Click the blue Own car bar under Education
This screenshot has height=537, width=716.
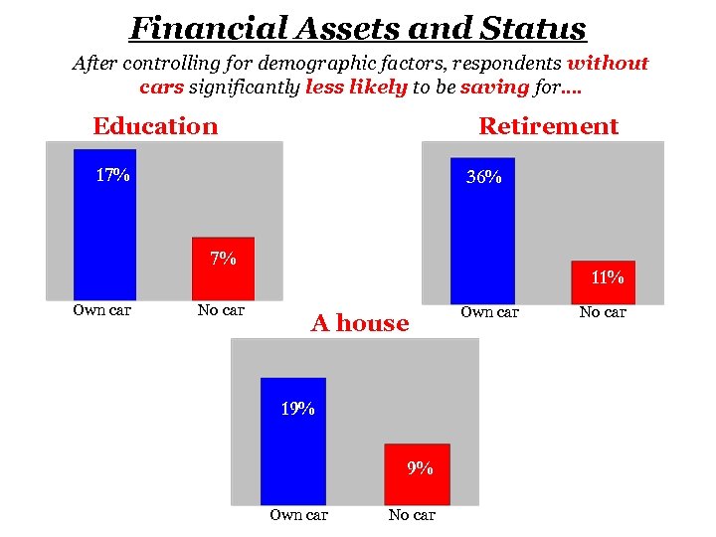tap(104, 224)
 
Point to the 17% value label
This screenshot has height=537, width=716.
tap(112, 176)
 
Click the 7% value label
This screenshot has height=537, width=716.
tap(223, 260)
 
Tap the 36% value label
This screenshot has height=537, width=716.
tap(484, 178)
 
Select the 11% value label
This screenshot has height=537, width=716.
tap(608, 277)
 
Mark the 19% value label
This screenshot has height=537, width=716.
tap(297, 408)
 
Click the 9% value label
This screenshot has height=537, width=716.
tap(420, 468)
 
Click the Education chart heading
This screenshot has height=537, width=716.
tap(155, 126)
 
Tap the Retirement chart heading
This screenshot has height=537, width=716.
tap(548, 126)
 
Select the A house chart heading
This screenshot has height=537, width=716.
tap(360, 323)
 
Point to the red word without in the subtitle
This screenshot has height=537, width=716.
tap(607, 64)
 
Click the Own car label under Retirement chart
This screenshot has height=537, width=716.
tap(489, 312)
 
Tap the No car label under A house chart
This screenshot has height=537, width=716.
tap(412, 514)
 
